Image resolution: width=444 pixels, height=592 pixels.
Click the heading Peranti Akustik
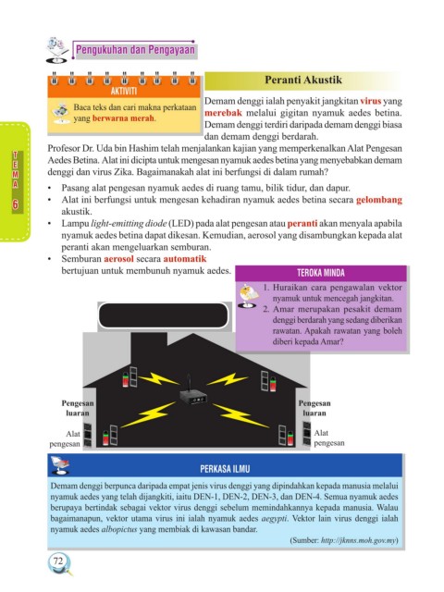[303, 80]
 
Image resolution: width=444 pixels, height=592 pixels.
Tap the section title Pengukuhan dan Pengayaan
[136, 50]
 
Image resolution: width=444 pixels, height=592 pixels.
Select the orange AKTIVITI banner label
[124, 92]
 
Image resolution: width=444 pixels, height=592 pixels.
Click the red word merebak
[223, 113]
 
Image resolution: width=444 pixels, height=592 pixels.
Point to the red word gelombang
[379, 200]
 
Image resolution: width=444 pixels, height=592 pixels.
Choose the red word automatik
[185, 259]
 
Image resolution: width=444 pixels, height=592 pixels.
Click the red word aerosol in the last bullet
[119, 259]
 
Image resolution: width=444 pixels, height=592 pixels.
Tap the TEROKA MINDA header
[321, 273]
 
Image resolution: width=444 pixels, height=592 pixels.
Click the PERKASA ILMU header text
[225, 469]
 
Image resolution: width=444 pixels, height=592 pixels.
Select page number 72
[57, 561]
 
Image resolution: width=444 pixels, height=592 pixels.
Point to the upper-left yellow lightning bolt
[158, 378]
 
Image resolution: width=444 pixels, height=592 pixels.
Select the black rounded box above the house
[163, 315]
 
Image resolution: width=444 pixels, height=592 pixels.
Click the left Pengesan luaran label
[78, 408]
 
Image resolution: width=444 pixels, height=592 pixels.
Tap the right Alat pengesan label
[329, 438]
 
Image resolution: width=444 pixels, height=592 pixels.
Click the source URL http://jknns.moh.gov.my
[358, 540]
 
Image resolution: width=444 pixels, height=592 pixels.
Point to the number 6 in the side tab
[15, 204]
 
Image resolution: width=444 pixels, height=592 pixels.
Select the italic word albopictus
[119, 529]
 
